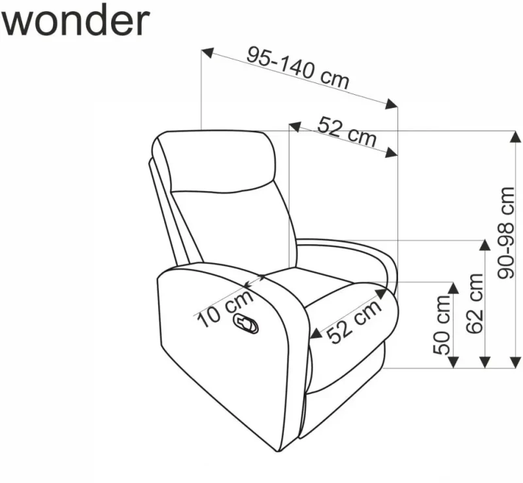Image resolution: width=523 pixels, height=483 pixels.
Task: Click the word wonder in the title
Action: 75,21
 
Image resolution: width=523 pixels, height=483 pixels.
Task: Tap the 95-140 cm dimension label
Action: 298,68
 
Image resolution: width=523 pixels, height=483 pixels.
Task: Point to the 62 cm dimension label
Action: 475,303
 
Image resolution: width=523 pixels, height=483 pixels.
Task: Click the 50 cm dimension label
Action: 442,325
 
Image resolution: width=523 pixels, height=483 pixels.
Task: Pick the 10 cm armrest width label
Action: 226,309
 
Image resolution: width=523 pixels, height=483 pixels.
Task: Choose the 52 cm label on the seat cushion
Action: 354,321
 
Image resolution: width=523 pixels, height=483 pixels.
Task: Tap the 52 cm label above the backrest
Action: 346,132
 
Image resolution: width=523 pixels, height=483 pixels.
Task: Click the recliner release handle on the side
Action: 246,324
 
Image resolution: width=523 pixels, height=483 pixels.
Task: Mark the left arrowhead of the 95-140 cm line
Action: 207,53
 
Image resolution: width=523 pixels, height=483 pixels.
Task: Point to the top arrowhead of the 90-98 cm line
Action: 516,137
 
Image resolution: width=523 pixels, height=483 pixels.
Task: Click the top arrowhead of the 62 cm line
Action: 484,245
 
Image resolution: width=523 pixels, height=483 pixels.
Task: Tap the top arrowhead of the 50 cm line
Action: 453,288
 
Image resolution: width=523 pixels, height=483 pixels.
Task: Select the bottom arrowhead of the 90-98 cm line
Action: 516,363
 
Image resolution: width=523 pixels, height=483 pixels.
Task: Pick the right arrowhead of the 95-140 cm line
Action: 392,104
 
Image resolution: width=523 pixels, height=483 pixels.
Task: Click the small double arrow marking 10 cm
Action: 255,281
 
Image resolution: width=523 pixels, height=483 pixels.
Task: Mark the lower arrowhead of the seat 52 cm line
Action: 316,334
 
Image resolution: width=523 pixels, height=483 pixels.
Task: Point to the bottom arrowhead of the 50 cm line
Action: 453,363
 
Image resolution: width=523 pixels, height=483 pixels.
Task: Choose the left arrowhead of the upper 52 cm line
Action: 295,126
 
